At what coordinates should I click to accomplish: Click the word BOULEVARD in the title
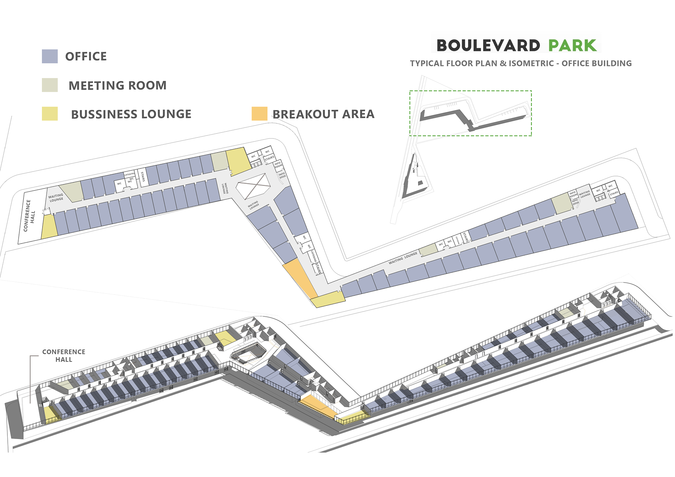(488, 46)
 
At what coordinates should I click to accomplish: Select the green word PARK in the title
(572, 46)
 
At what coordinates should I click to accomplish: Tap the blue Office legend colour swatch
(50, 56)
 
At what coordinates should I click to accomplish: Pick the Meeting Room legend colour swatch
(50, 85)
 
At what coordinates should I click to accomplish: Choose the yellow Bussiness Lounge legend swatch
(50, 114)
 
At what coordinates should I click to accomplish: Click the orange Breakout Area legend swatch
(259, 114)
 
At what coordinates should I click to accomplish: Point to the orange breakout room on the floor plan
(300, 278)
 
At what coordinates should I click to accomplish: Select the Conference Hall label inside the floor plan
(30, 215)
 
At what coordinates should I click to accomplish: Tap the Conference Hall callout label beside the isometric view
(64, 355)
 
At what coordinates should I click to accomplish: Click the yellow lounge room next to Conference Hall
(49, 227)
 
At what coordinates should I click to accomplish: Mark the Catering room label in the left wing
(129, 174)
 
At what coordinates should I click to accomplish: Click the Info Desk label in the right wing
(575, 201)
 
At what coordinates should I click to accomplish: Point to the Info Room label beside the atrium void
(278, 165)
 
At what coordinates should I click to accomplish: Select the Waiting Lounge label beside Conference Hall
(56, 198)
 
